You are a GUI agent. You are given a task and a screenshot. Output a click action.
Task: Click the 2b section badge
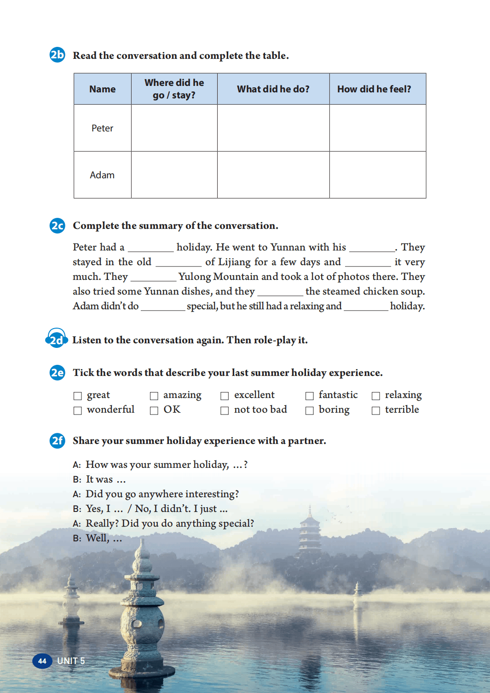(57, 55)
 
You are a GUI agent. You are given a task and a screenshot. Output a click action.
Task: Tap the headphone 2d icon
(57, 339)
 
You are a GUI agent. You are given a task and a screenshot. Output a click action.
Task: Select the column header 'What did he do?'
(273, 89)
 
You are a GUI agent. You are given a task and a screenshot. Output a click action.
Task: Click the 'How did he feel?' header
(374, 89)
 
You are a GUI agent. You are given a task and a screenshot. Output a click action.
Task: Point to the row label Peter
(102, 128)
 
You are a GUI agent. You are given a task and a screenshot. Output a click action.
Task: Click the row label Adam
(102, 175)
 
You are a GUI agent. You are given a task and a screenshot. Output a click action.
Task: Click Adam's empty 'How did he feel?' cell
(377, 175)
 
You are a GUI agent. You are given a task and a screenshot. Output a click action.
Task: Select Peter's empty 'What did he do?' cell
(273, 128)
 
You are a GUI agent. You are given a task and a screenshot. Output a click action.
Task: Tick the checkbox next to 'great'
(78, 396)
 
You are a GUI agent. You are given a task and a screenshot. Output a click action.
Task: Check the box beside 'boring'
(310, 410)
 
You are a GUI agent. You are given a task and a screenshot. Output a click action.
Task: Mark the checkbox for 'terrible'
(376, 410)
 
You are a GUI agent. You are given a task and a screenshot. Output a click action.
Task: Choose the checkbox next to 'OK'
(154, 410)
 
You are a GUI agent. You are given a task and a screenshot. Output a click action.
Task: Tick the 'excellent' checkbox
(225, 396)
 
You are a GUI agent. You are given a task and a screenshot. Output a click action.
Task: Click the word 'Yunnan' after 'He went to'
(288, 247)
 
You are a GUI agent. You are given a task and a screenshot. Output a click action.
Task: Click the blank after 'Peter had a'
(150, 248)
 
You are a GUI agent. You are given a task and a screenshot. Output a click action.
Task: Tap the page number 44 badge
(42, 661)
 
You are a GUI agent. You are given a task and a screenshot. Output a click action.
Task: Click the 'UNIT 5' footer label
(71, 661)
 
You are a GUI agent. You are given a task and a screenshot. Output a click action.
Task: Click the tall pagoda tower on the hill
(310, 533)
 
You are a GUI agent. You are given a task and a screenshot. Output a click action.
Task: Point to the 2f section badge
(57, 441)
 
